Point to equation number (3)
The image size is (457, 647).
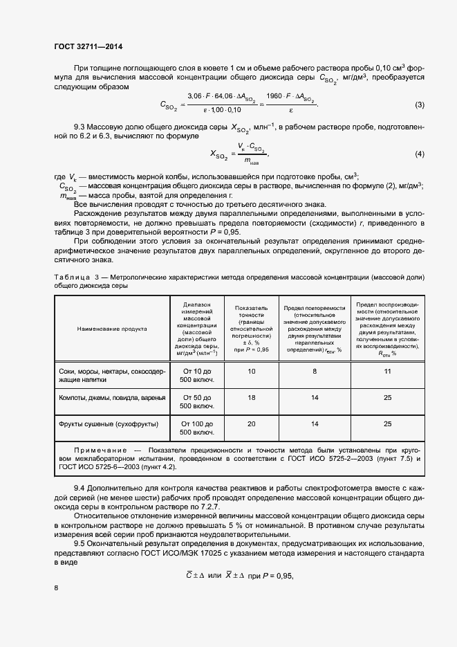(419, 105)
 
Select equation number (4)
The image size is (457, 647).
(419, 154)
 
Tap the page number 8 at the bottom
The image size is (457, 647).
(56, 587)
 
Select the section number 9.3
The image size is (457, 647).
(82, 129)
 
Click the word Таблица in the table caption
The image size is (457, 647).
(73, 277)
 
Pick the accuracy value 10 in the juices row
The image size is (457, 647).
(251, 372)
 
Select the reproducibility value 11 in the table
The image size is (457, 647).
(387, 372)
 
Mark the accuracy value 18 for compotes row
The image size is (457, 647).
(251, 398)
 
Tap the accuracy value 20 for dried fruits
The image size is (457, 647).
(251, 424)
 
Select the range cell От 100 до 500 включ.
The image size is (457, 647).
(197, 429)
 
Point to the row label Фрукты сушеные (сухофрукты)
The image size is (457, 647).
(109, 424)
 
